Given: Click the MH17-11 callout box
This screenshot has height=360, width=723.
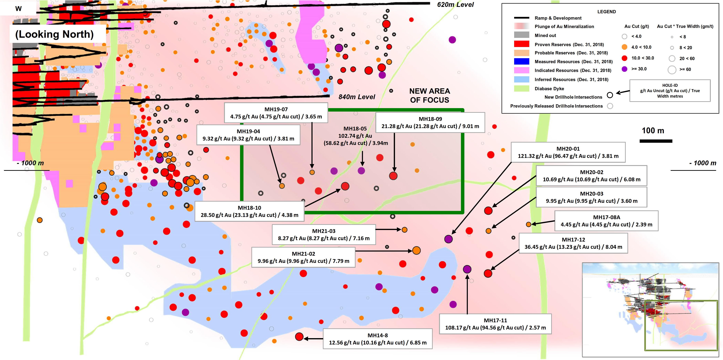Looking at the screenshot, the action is coord(495,324).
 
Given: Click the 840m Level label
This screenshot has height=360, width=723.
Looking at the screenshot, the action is coord(357,97).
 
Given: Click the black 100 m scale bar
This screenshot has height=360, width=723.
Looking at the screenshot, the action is coord(656,141).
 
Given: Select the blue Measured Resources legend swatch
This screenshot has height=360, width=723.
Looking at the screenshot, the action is coord(522,61).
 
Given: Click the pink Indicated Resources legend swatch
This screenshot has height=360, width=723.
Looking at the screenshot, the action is coord(522,70).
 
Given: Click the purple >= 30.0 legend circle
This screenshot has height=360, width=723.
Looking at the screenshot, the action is coord(625,69).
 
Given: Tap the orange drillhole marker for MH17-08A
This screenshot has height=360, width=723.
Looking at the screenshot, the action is coord(528,224).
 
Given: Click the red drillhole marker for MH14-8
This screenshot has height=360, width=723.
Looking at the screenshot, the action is coord(299,337).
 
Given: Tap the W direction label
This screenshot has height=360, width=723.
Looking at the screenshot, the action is coord(19,8).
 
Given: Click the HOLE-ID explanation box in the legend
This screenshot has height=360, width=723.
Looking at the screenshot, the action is coord(670,91).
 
